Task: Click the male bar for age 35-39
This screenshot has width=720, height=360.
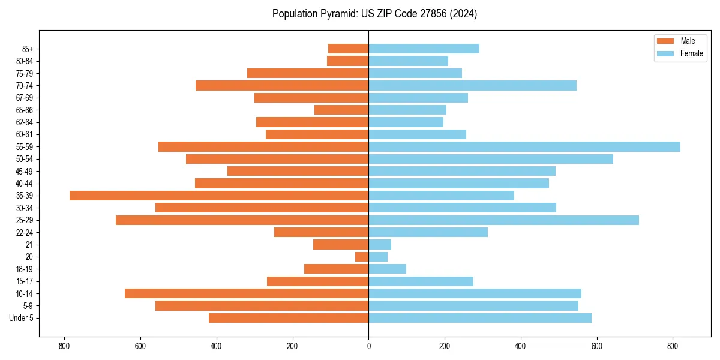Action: [219, 196]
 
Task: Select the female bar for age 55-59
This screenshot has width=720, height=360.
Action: [524, 146]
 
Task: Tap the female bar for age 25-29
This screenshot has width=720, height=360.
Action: [503, 220]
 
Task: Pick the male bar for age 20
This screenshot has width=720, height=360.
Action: [362, 257]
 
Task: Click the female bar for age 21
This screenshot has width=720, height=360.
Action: [380, 245]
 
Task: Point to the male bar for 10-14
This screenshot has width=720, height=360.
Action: [247, 293]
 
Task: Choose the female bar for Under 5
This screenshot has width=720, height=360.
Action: [480, 318]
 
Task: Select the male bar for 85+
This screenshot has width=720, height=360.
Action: [348, 49]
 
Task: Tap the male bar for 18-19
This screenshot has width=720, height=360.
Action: [336, 269]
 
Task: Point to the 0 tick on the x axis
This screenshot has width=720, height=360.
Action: [368, 346]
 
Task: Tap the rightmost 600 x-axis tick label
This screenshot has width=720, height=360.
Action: [596, 346]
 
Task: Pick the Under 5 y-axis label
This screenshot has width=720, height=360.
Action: [22, 318]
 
